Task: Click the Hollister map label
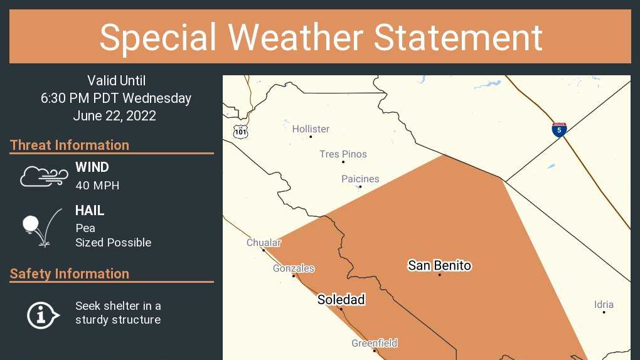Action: tap(311, 129)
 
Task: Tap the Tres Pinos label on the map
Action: tap(343, 154)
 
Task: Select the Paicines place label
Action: tap(360, 179)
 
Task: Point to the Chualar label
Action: tap(264, 243)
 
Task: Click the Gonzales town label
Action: tap(294, 268)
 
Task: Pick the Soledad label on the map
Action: tap(341, 300)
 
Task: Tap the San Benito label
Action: tap(439, 265)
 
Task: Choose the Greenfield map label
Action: tap(374, 343)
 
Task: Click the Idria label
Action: tap(604, 305)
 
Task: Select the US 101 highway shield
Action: tap(241, 132)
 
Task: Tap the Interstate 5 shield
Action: tap(559, 130)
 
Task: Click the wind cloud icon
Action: tap(44, 176)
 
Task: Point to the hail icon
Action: tap(41, 226)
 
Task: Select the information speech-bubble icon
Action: tap(43, 314)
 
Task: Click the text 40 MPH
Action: tap(97, 186)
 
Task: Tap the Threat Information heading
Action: tap(70, 145)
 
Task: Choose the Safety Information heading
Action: tap(70, 273)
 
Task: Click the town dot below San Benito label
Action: tap(439, 275)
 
